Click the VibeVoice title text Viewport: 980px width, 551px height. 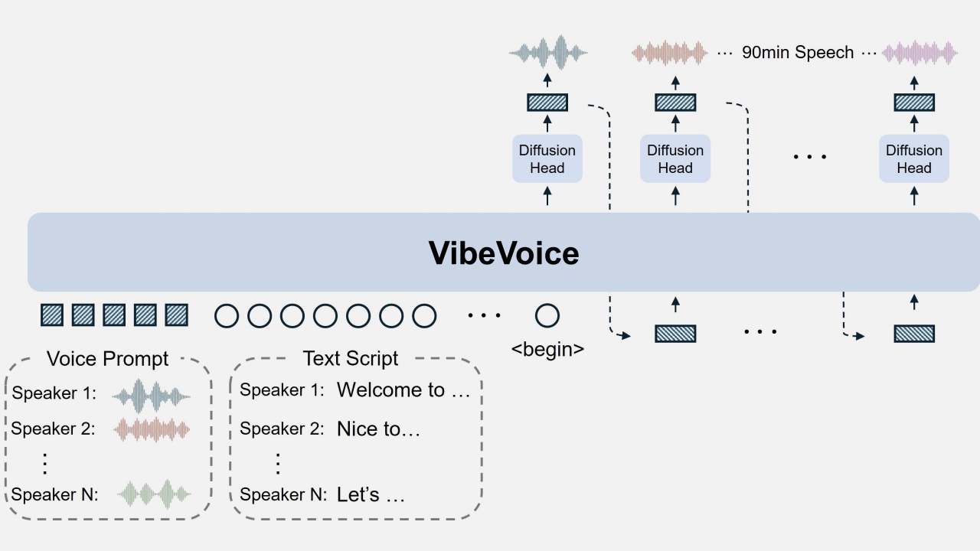pos(503,253)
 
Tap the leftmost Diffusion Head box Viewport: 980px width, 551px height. pos(547,159)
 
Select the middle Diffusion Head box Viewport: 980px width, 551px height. pos(675,159)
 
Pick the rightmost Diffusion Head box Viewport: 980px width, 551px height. pos(913,159)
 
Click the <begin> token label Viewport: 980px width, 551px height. pos(547,350)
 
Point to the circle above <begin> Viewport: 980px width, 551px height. pos(547,315)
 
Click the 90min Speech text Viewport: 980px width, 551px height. pos(798,53)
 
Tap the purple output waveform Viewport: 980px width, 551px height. pos(920,53)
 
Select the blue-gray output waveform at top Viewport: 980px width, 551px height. pos(548,53)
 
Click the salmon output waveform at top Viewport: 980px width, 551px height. pos(669,53)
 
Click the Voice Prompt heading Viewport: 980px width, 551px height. pos(107,358)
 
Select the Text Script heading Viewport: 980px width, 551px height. pos(350,358)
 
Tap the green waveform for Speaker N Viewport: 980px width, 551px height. pos(154,494)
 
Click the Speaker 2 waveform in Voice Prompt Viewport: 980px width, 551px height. pos(152,429)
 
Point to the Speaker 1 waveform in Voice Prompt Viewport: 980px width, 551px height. pos(151,395)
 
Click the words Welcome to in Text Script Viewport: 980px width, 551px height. pos(391,390)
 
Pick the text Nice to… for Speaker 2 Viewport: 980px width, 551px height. pos(378,429)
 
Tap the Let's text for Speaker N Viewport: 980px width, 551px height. pos(370,495)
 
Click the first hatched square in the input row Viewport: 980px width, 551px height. pos(52,315)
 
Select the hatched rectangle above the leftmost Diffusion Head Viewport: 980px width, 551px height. pos(547,102)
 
